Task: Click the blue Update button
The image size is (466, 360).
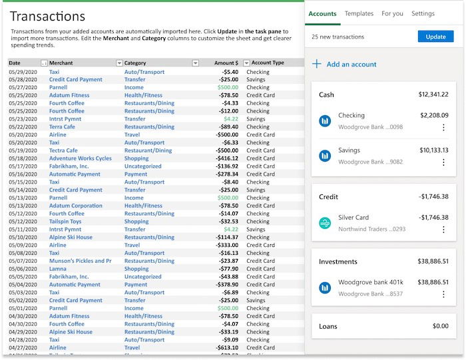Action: coord(435,37)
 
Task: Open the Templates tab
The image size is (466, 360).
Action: coord(359,13)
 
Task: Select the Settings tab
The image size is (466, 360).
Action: coord(423,13)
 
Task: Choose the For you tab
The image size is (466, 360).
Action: coord(392,13)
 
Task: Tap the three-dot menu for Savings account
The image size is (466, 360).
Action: coord(443,162)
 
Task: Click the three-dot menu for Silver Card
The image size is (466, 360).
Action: coord(443,230)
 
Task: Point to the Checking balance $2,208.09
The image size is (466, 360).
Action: coord(434,115)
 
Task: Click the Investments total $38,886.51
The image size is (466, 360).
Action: coord(433,262)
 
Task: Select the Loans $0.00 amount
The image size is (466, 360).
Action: coord(440,326)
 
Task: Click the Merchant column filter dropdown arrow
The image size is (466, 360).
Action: coord(119,63)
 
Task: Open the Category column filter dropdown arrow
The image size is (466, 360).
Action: coord(195,63)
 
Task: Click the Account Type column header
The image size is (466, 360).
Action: coord(268,63)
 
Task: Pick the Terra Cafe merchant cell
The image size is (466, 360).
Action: coord(62,126)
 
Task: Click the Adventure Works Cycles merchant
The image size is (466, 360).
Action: coord(80,158)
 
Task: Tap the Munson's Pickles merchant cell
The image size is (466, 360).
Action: coord(80,261)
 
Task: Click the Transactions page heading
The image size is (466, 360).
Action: coord(47,16)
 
